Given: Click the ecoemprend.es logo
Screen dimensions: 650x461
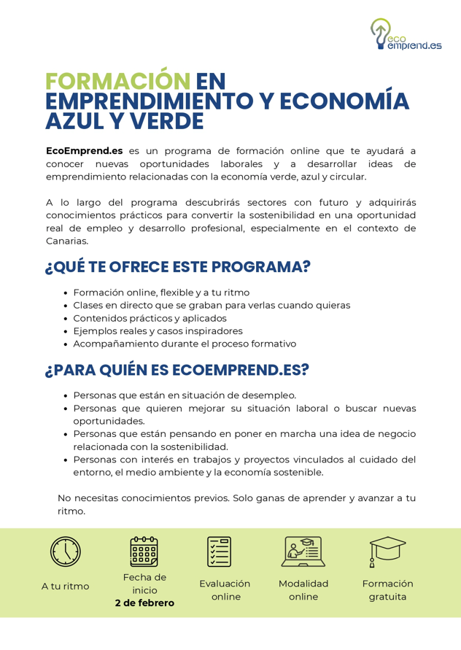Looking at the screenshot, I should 405,36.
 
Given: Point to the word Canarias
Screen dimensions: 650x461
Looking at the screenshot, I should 67,241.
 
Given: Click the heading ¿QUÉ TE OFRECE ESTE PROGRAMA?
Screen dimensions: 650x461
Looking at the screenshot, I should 178,267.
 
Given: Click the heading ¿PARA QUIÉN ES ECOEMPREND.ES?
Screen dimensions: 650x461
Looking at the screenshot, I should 177,370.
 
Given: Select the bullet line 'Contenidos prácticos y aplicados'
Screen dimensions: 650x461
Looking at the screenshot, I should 150,318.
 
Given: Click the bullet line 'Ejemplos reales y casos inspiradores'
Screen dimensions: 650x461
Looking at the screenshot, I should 158,331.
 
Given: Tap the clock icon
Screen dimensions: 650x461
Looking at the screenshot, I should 66,552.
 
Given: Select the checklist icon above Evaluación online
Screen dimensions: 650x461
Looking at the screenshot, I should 219,552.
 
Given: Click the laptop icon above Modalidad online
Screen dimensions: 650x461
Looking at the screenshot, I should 303,552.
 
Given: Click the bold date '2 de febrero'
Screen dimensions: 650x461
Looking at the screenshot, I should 144,603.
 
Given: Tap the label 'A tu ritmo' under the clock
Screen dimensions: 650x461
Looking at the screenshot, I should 66,586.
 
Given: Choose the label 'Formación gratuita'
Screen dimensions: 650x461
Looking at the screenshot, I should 387,590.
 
